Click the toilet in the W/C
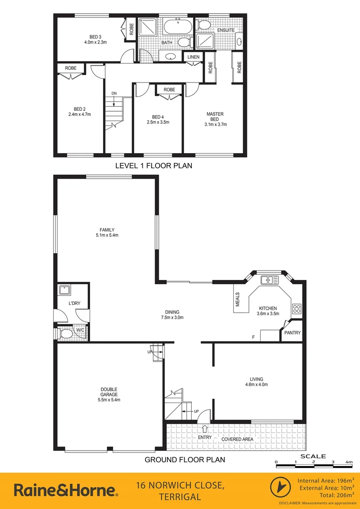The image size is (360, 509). (x=67, y=334)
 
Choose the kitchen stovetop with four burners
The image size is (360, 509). (x=297, y=309)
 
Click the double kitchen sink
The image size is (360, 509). (x=270, y=280)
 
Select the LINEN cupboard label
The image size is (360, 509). (x=194, y=57)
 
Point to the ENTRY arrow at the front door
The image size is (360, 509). (x=205, y=428)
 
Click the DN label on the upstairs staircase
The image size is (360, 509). (x=114, y=93)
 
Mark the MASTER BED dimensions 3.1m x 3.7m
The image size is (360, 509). (x=215, y=124)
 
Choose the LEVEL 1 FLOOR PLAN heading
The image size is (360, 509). (x=154, y=166)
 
